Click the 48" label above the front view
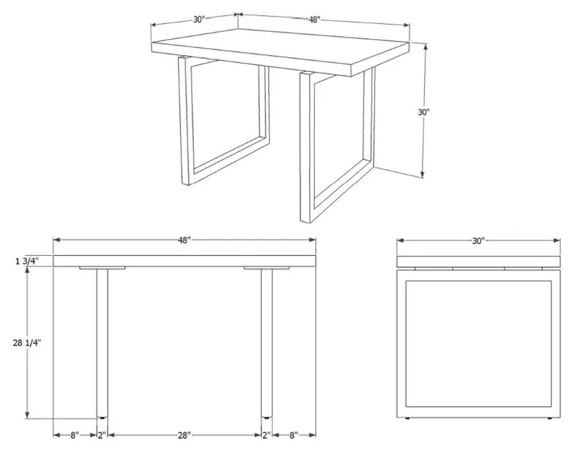coord(185,240)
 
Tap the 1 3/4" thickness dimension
coord(27,261)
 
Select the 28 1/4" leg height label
coord(27,343)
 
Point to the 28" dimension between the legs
coord(185,435)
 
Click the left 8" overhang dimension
coord(75,435)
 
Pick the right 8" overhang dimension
coord(294,435)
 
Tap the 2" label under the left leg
coord(102,435)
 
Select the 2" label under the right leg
coord(266,435)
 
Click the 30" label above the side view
coord(478,241)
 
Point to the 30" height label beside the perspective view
coord(424,112)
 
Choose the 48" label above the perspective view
coord(313,20)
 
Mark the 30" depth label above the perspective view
coord(199,20)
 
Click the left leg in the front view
coord(102,343)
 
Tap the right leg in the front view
coord(267,343)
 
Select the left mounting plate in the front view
coord(102,268)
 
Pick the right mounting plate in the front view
coord(266,268)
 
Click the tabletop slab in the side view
coord(478,261)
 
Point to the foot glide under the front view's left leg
coord(102,418)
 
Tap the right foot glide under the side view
coord(550,419)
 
